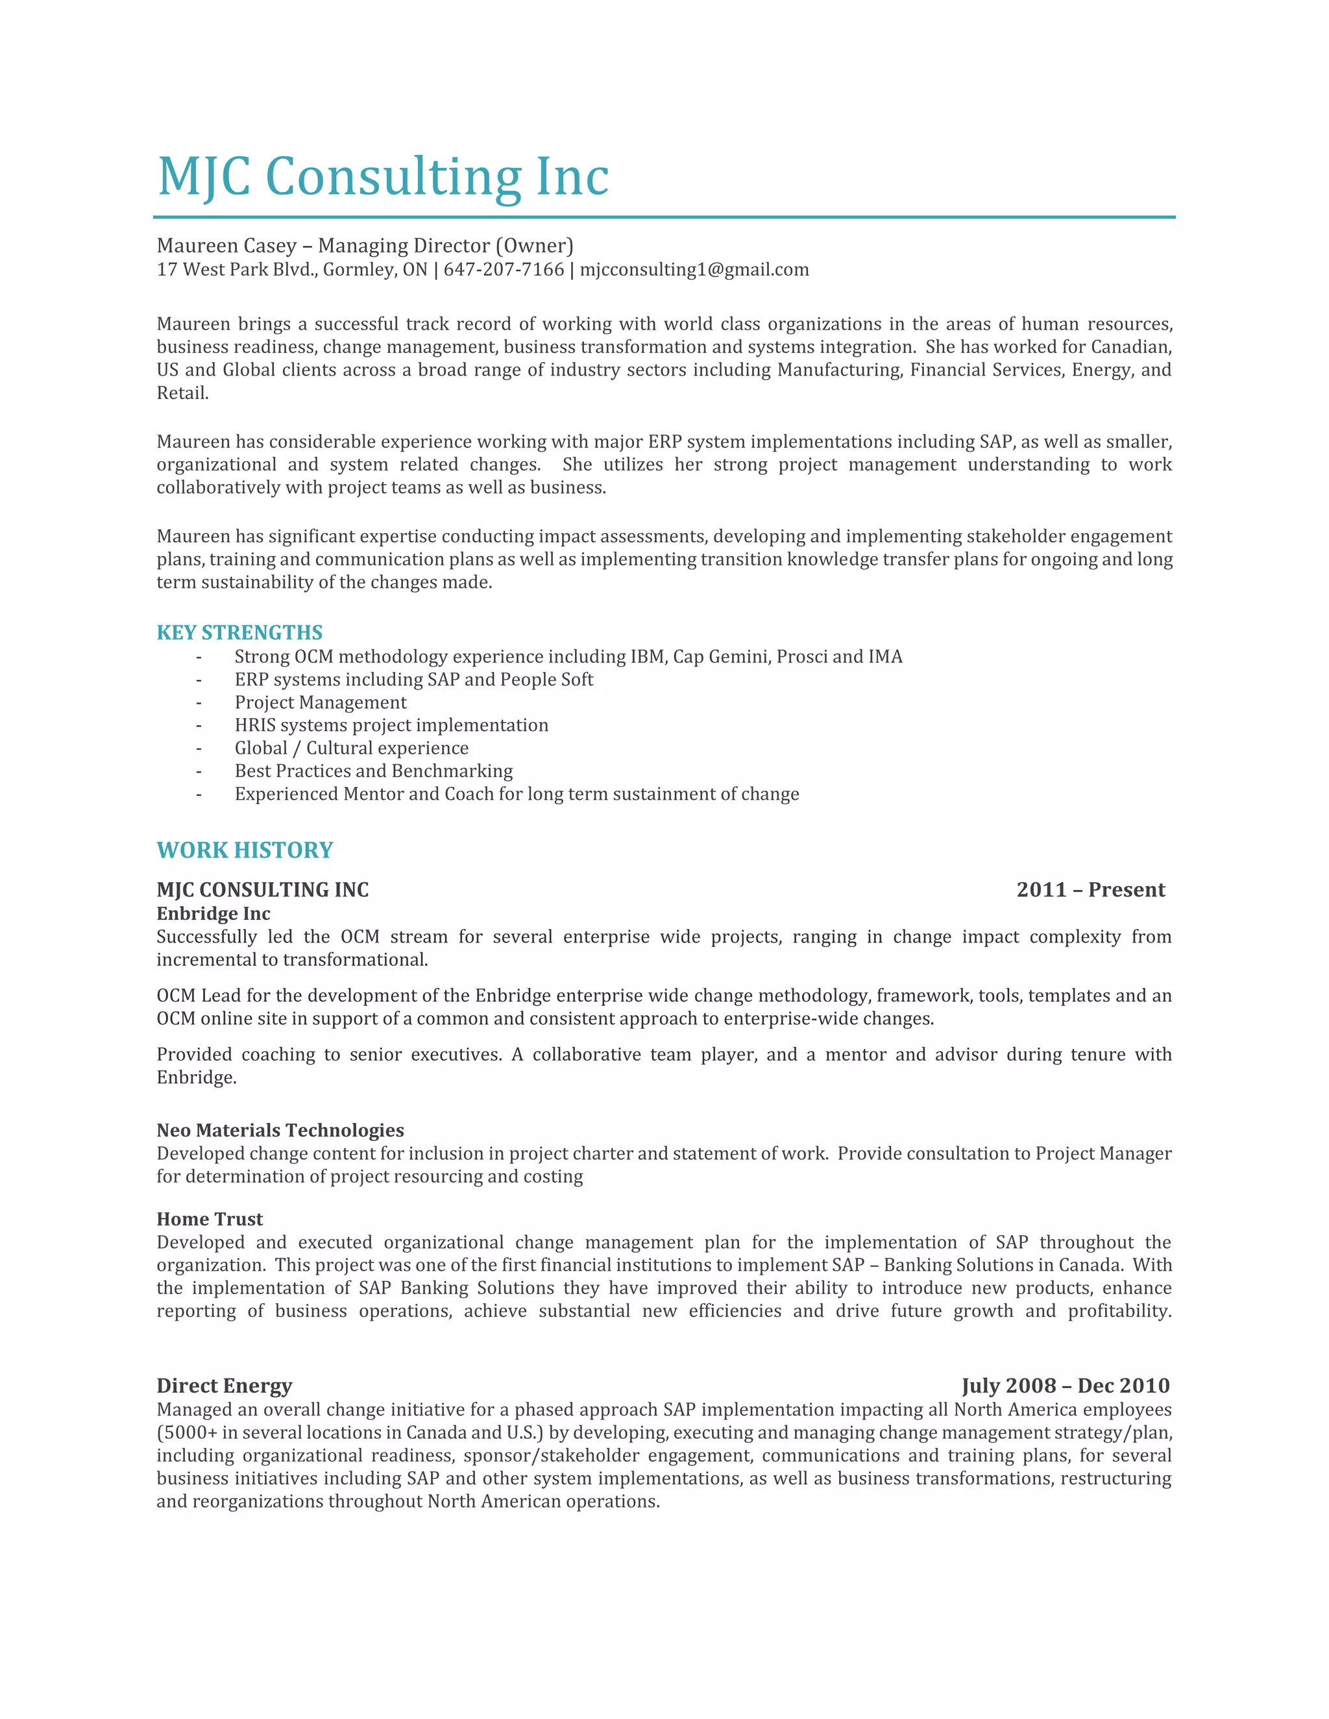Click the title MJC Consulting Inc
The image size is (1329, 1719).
click(383, 176)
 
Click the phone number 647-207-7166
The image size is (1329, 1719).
click(503, 270)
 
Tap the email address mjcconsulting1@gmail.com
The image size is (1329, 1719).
click(694, 270)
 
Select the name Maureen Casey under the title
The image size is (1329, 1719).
click(226, 246)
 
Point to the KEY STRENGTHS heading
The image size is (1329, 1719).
click(239, 633)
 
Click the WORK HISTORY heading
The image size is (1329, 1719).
click(245, 850)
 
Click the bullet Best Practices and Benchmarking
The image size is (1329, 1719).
click(373, 771)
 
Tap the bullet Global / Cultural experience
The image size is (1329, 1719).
click(351, 748)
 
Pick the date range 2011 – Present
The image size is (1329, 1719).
click(1090, 889)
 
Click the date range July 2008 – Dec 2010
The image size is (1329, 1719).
click(1066, 1386)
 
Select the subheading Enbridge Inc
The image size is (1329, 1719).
click(213, 914)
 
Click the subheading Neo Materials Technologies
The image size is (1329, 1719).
click(280, 1130)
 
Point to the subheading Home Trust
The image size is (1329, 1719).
click(210, 1220)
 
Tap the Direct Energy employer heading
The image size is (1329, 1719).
click(225, 1386)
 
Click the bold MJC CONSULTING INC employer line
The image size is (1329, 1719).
click(262, 889)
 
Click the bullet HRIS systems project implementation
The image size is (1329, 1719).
click(391, 725)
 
